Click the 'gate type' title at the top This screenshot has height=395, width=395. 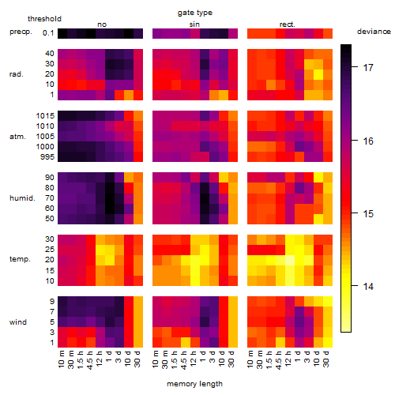pyautogui.click(x=195, y=13)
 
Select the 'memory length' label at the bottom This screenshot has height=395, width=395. pyautogui.click(x=194, y=384)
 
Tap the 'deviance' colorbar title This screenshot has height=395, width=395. pyautogui.click(x=374, y=32)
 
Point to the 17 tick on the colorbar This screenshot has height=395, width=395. pyautogui.click(x=368, y=68)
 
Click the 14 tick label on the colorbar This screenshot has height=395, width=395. pyautogui.click(x=368, y=286)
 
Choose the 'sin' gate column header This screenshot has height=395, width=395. pyautogui.click(x=194, y=24)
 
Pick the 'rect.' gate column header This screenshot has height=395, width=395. pyautogui.click(x=288, y=24)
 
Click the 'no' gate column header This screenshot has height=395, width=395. pyautogui.click(x=102, y=24)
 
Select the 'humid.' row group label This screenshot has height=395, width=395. pyautogui.click(x=22, y=198)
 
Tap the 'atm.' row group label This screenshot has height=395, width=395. pyautogui.click(x=17, y=137)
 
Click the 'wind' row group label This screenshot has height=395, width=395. pyautogui.click(x=18, y=322)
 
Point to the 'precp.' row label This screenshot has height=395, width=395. pyautogui.click(x=21, y=32)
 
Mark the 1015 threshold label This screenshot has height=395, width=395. pyautogui.click(x=45, y=116)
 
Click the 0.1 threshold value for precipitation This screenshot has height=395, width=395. pyautogui.click(x=48, y=33)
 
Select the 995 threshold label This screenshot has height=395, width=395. pyautogui.click(x=47, y=157)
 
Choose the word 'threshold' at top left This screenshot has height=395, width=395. pyautogui.click(x=44, y=19)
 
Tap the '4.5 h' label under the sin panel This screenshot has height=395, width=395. pyautogui.click(x=184, y=360)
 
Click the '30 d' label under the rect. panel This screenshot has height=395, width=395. pyautogui.click(x=326, y=359)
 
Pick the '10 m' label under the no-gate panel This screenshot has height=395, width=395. pyautogui.click(x=61, y=359)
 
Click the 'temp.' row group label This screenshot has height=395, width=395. pyautogui.click(x=20, y=259)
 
